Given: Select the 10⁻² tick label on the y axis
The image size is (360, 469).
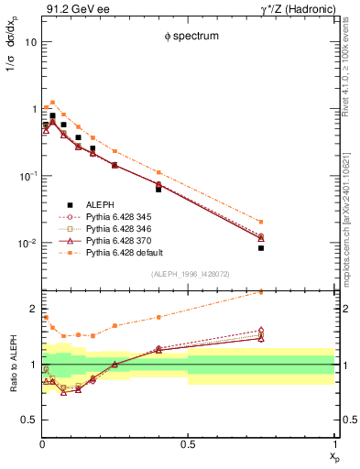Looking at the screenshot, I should click(x=27, y=244).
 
